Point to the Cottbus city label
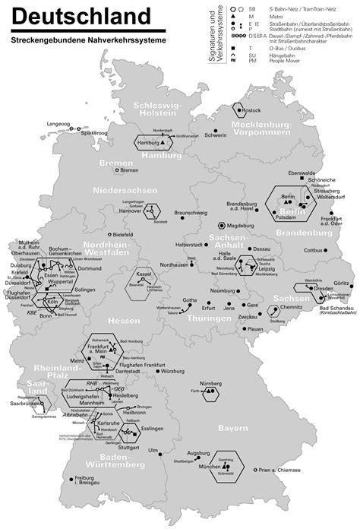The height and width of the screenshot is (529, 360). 312,250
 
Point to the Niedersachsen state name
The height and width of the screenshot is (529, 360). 123,189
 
